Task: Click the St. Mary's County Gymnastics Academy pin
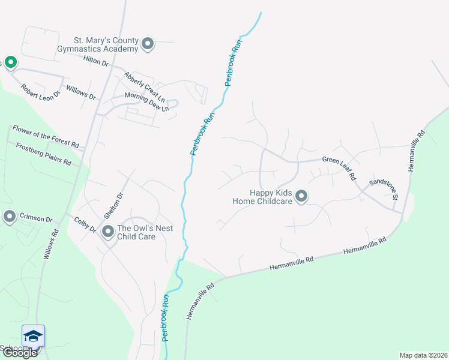point(148,44)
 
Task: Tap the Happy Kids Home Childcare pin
point(301,197)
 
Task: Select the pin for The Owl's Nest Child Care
point(108,231)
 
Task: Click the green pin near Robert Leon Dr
point(10,62)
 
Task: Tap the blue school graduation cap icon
point(33,335)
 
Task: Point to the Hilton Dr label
point(95,61)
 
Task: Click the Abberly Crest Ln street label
point(144,86)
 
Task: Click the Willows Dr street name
point(81,92)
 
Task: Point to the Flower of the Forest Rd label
point(46,136)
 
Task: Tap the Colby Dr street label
point(85,225)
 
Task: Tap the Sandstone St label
point(384,188)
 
